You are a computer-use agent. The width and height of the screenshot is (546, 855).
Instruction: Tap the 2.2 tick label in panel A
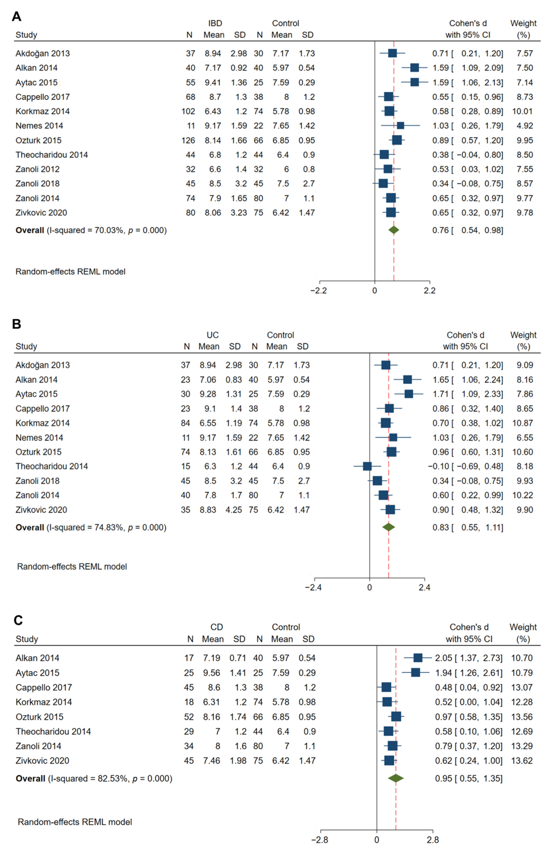(429, 290)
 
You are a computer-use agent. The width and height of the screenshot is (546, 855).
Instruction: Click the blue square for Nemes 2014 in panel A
(400, 126)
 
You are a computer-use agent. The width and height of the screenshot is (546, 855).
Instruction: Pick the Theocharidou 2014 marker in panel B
(367, 466)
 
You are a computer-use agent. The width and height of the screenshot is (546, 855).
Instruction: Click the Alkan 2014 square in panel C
(418, 658)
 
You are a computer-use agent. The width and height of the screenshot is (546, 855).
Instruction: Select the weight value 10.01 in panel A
(522, 112)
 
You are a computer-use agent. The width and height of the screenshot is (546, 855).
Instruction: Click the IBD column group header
(215, 23)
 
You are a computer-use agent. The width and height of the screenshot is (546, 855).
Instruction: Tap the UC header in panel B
(213, 335)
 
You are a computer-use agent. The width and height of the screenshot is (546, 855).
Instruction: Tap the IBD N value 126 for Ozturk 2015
(188, 140)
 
